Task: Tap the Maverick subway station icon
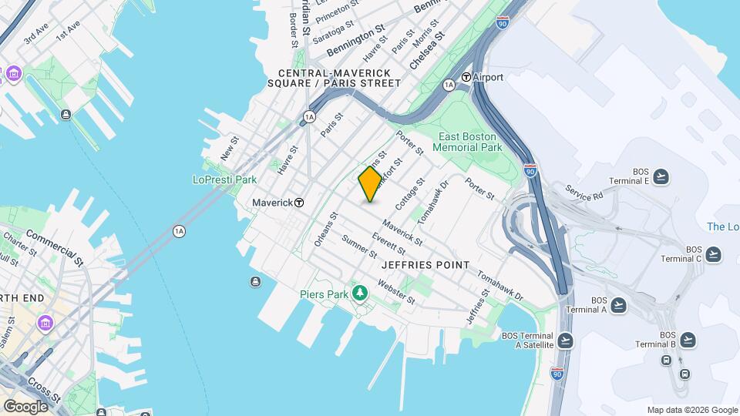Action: (299, 203)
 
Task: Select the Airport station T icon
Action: (466, 77)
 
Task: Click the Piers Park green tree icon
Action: (359, 294)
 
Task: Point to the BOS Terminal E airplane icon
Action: (661, 177)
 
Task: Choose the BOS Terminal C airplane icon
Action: (713, 254)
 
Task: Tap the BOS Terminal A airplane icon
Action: (617, 305)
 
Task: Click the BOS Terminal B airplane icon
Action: (688, 339)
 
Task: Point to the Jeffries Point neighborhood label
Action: (425, 265)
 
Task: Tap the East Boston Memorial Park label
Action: (469, 142)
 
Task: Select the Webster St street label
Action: (396, 290)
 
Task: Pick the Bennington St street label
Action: (355, 41)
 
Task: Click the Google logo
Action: (25, 406)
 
